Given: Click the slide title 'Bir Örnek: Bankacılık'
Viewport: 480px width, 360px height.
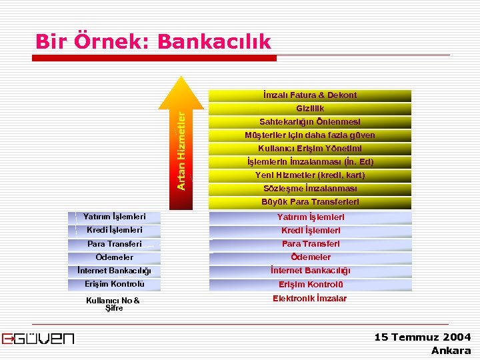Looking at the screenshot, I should click(153, 41).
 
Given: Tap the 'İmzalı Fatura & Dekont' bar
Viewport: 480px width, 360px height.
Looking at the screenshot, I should click(310, 95).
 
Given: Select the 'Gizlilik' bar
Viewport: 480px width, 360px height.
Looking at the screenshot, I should click(310, 109).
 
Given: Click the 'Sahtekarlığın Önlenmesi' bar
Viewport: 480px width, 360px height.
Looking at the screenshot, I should click(310, 122).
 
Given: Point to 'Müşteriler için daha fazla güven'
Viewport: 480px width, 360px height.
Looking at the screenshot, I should click(310, 135).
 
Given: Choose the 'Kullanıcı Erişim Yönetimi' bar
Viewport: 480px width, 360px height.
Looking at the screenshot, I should click(310, 149).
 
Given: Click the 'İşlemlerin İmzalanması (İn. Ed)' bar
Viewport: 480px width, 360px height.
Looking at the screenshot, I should click(310, 162).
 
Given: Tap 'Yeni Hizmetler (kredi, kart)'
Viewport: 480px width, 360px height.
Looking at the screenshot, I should click(310, 175).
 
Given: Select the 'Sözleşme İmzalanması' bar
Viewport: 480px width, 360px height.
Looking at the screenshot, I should click(310, 189).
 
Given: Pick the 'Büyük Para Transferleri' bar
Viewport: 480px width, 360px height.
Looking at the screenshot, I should click(310, 202).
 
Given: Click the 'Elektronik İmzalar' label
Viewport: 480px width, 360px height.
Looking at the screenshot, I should click(310, 299).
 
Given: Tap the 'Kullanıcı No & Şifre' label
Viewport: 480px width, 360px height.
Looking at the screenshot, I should click(113, 304).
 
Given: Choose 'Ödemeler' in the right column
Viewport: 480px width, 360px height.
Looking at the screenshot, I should click(310, 257).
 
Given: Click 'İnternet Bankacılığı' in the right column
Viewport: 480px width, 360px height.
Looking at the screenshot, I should click(310, 271).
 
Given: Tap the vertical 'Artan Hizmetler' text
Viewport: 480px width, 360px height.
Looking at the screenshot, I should click(181, 150).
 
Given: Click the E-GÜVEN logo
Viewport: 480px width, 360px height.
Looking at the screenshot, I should click(38, 339).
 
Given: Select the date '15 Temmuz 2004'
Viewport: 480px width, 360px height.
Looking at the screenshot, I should click(423, 337).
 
